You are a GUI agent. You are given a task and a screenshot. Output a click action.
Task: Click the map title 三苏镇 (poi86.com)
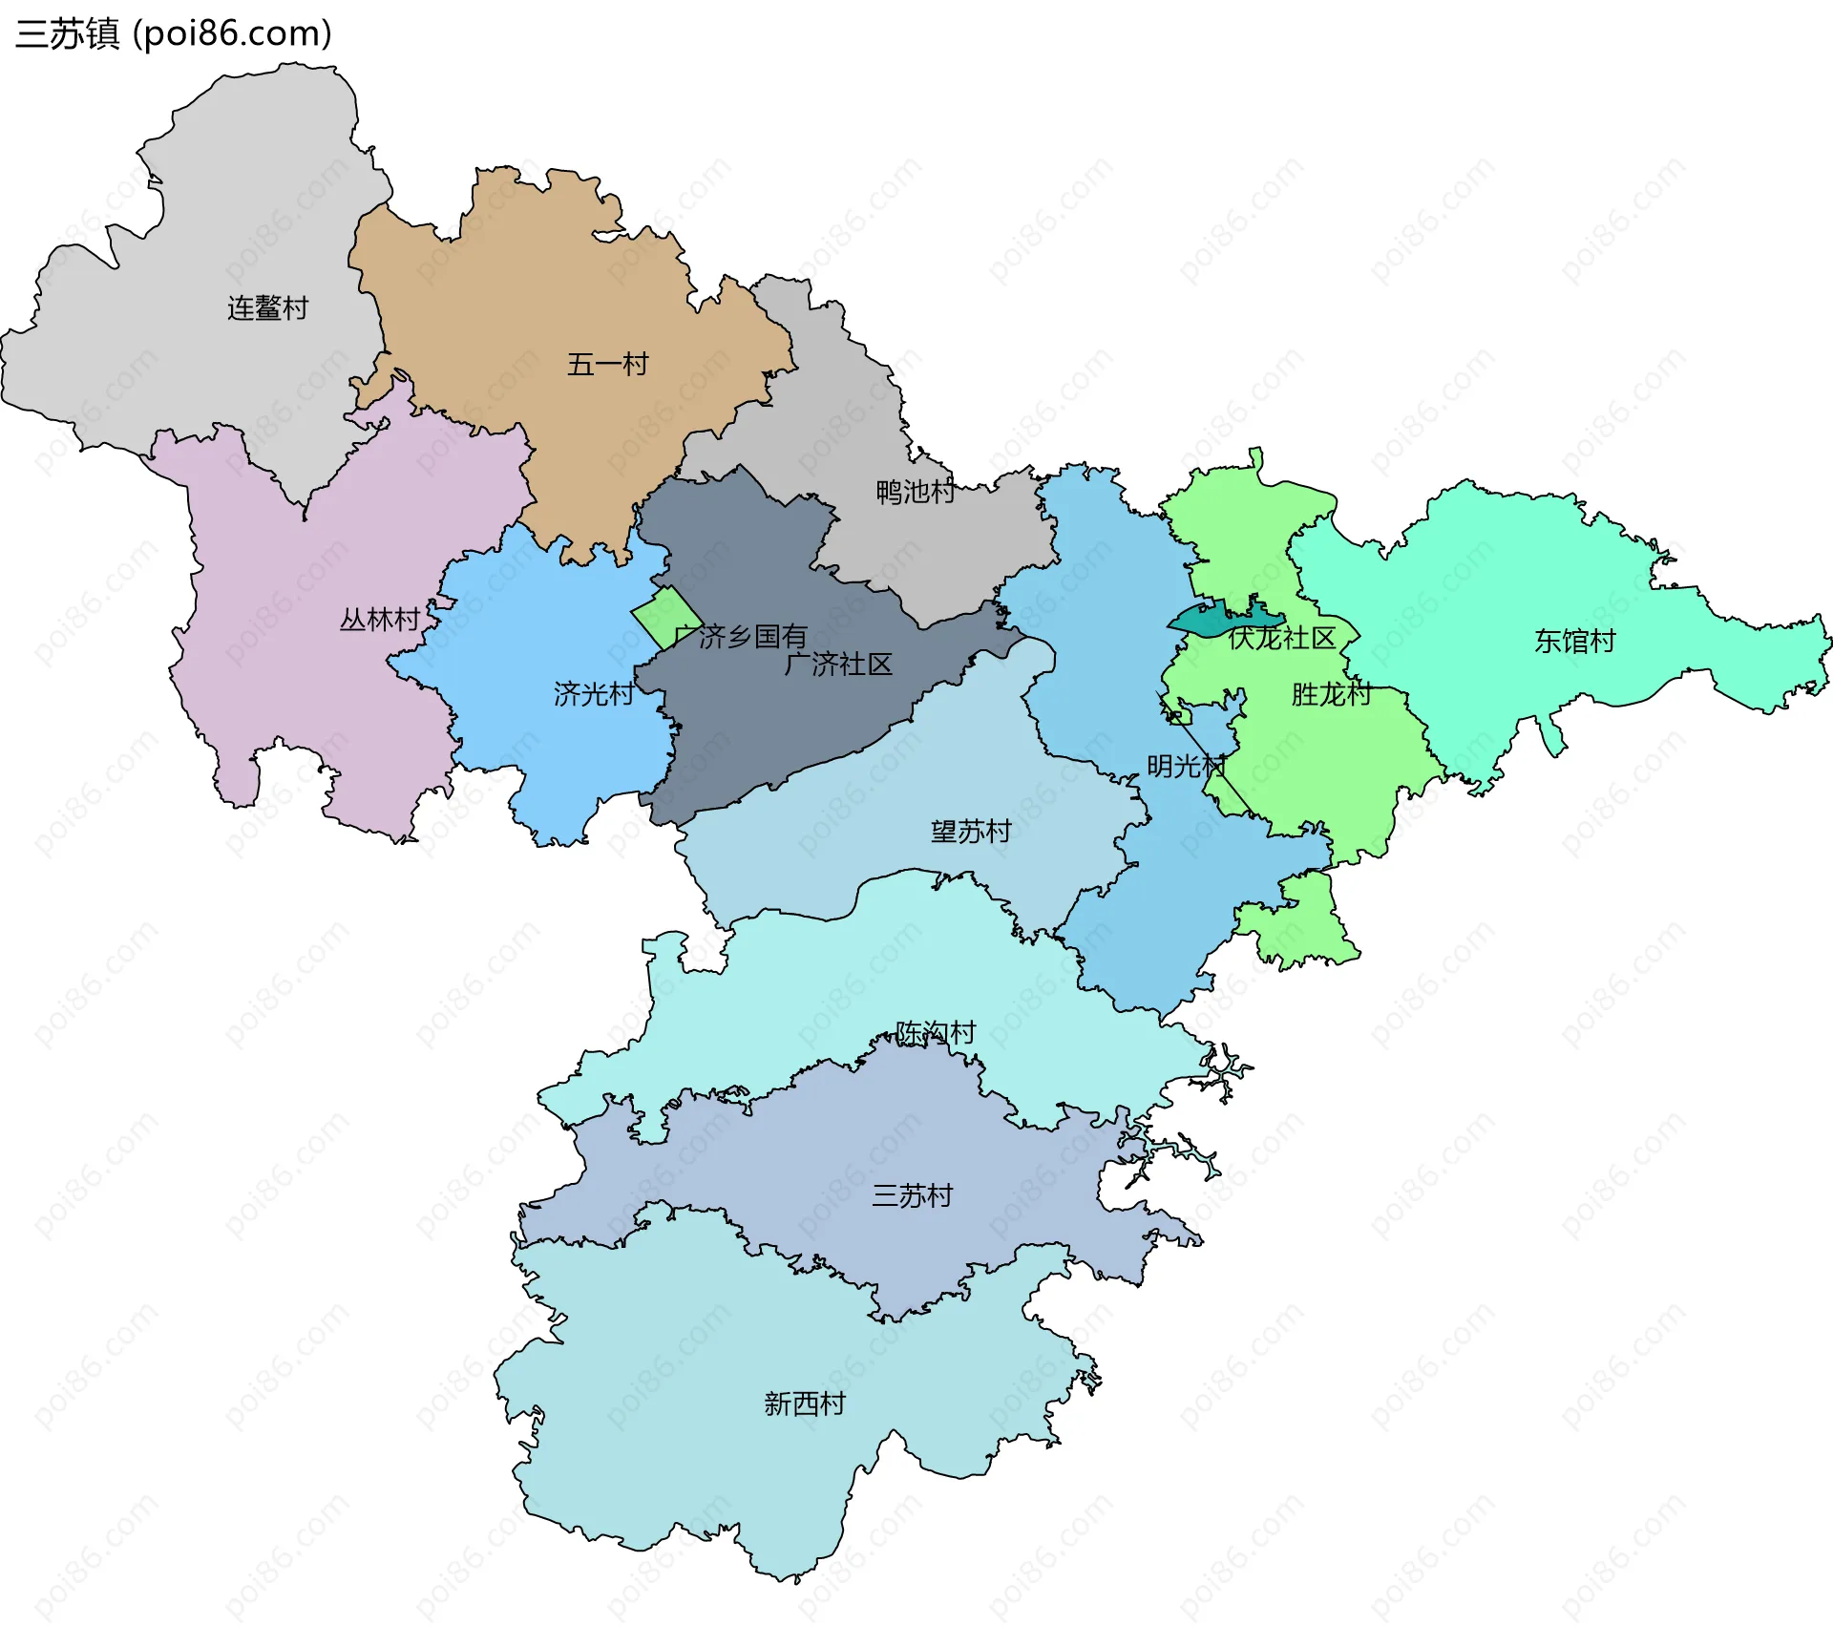click(174, 33)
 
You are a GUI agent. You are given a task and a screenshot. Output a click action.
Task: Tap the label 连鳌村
click(267, 308)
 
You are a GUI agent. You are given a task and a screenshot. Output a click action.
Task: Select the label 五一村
click(607, 365)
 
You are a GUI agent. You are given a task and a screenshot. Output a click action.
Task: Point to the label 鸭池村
click(916, 493)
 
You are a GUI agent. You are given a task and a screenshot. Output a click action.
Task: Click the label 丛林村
click(380, 621)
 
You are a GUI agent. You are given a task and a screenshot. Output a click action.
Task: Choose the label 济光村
click(594, 694)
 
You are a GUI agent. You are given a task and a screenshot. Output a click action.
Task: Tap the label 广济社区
click(838, 665)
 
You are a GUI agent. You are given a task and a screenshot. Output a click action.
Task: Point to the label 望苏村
click(971, 832)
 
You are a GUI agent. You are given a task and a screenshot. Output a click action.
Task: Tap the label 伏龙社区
click(1282, 638)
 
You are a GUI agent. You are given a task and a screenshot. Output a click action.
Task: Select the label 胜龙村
click(1332, 694)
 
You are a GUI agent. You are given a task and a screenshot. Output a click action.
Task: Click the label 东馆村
click(1574, 642)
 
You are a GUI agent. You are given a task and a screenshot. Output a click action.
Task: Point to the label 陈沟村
click(936, 1032)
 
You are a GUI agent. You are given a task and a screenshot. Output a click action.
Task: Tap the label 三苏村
click(912, 1195)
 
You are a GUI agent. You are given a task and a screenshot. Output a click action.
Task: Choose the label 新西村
click(805, 1404)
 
